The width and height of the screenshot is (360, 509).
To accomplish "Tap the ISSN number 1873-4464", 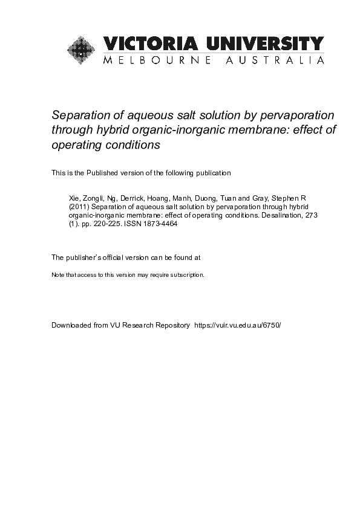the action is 158,223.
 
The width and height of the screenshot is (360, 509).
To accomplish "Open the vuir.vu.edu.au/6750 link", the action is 237,325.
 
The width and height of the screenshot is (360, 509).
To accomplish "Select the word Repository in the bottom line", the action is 170,325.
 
